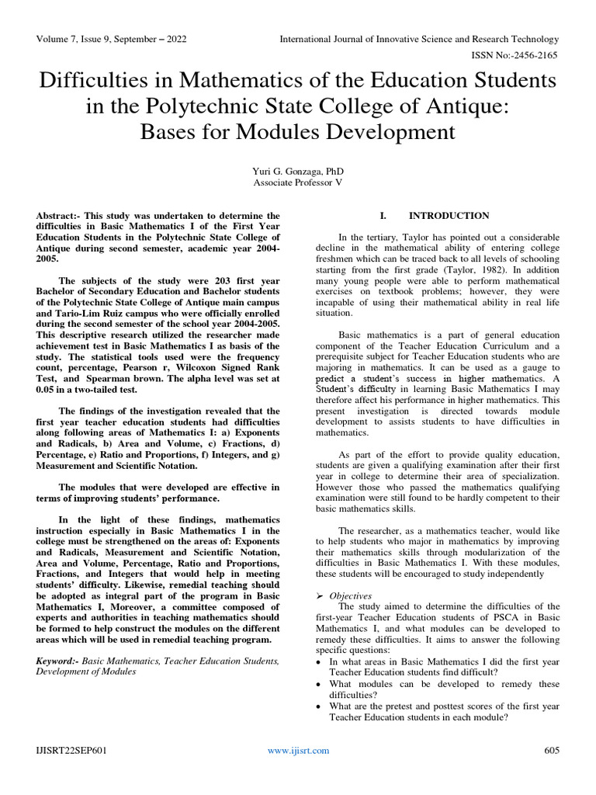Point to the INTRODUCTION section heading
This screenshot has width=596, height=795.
(x=449, y=216)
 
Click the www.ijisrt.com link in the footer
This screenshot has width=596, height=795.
(x=298, y=750)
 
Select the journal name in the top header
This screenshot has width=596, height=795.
(x=418, y=39)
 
